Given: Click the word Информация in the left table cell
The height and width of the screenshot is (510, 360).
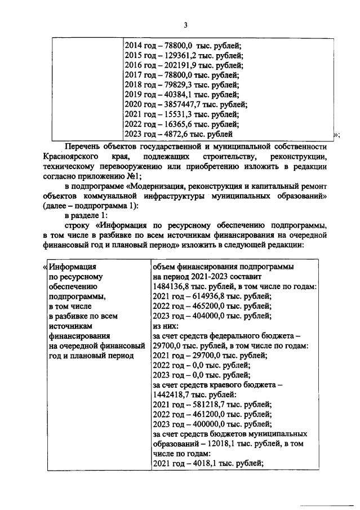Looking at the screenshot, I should point(73,267).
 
